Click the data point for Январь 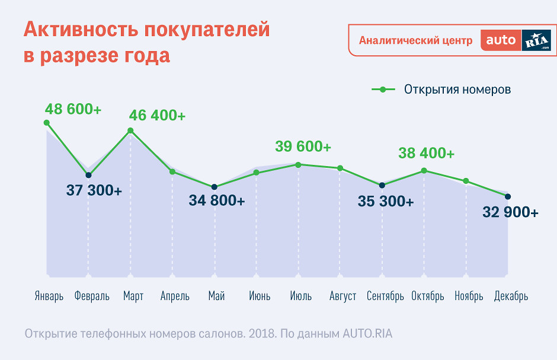click(47, 123)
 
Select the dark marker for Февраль click(88, 175)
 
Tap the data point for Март click(130, 130)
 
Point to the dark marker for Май click(215, 187)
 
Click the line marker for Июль click(298, 164)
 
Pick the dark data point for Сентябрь click(382, 185)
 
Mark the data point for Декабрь click(507, 196)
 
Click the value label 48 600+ click(73, 109)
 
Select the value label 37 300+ click(94, 191)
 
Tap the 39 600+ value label click(303, 146)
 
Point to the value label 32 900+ click(510, 212)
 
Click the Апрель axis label click(175, 296)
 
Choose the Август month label click(342, 296)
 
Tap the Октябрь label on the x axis click(427, 296)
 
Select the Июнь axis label click(260, 296)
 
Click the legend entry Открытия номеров click(457, 90)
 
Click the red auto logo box click(501, 40)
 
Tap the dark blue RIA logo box click(536, 40)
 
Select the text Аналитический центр click(416, 40)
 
